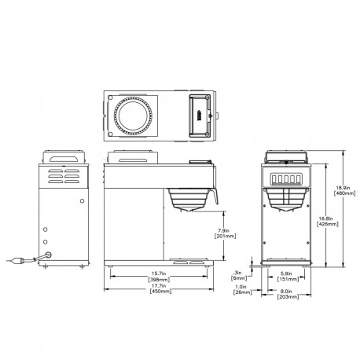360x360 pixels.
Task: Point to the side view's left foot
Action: pos(111,268)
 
